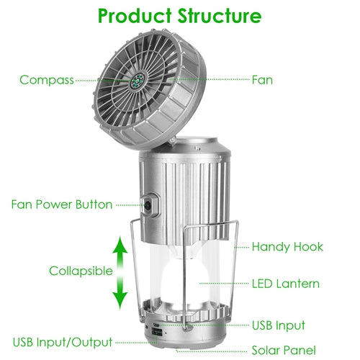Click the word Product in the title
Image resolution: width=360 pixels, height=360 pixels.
point(135,17)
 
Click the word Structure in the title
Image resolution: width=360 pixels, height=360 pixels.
point(220,16)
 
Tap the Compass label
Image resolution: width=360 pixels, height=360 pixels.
point(47,80)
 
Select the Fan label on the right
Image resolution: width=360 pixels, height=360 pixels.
point(262,80)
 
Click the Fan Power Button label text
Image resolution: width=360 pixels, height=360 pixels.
point(62,204)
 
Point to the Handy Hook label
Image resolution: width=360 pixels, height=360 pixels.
point(287,247)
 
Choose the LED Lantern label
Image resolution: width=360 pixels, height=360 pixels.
point(286,284)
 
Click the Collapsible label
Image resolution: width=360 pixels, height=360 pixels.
point(81,271)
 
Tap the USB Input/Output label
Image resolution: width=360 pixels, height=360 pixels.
point(63,342)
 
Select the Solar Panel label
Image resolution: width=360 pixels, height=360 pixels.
point(284,350)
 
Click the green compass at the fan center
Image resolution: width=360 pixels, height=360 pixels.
point(138,81)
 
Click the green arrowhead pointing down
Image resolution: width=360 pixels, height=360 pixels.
point(120,300)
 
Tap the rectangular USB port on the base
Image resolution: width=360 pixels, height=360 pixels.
point(156,333)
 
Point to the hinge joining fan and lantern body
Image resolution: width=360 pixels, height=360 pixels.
point(172,140)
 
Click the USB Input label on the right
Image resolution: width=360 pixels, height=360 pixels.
point(279,325)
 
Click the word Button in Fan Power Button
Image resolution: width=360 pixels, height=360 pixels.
point(94,204)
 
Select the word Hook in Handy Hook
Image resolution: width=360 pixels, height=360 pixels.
point(308,247)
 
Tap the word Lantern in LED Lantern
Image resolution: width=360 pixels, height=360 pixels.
point(297,284)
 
